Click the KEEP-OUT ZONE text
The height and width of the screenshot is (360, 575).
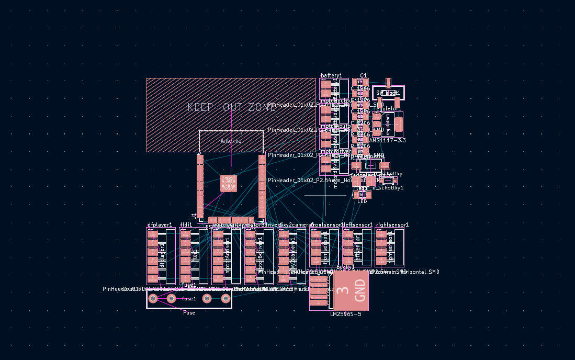[231, 107]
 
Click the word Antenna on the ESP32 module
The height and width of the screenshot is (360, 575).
[231, 141]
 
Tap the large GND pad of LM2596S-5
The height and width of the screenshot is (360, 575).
[351, 290]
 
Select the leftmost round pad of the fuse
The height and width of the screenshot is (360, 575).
[153, 298]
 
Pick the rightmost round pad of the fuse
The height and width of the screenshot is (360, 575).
[226, 298]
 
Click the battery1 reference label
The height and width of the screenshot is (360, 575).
[331, 76]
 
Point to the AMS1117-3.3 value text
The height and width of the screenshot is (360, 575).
[387, 140]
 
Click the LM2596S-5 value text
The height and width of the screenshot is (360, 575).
[345, 314]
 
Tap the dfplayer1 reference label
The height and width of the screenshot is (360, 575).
[160, 225]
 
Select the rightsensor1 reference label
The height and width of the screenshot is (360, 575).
[392, 225]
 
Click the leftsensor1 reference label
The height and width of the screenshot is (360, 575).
[358, 225]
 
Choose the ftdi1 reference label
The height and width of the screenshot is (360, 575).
[186, 225]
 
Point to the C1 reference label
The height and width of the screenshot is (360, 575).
[364, 76]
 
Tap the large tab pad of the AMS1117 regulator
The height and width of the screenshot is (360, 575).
[399, 124]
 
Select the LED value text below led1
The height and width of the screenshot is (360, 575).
[362, 201]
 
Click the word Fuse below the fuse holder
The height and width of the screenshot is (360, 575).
[189, 312]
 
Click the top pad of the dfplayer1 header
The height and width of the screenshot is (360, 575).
[153, 234]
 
